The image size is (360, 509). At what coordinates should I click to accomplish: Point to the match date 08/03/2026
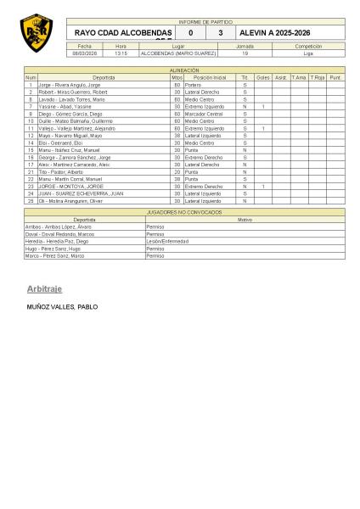84,53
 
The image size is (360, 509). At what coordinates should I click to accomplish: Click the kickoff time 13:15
121,53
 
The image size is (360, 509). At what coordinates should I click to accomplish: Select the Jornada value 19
245,53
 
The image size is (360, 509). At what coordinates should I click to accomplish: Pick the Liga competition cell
307,53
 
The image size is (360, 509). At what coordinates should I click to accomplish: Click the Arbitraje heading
44,289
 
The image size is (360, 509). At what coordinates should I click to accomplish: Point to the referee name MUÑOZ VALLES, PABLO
63,306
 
